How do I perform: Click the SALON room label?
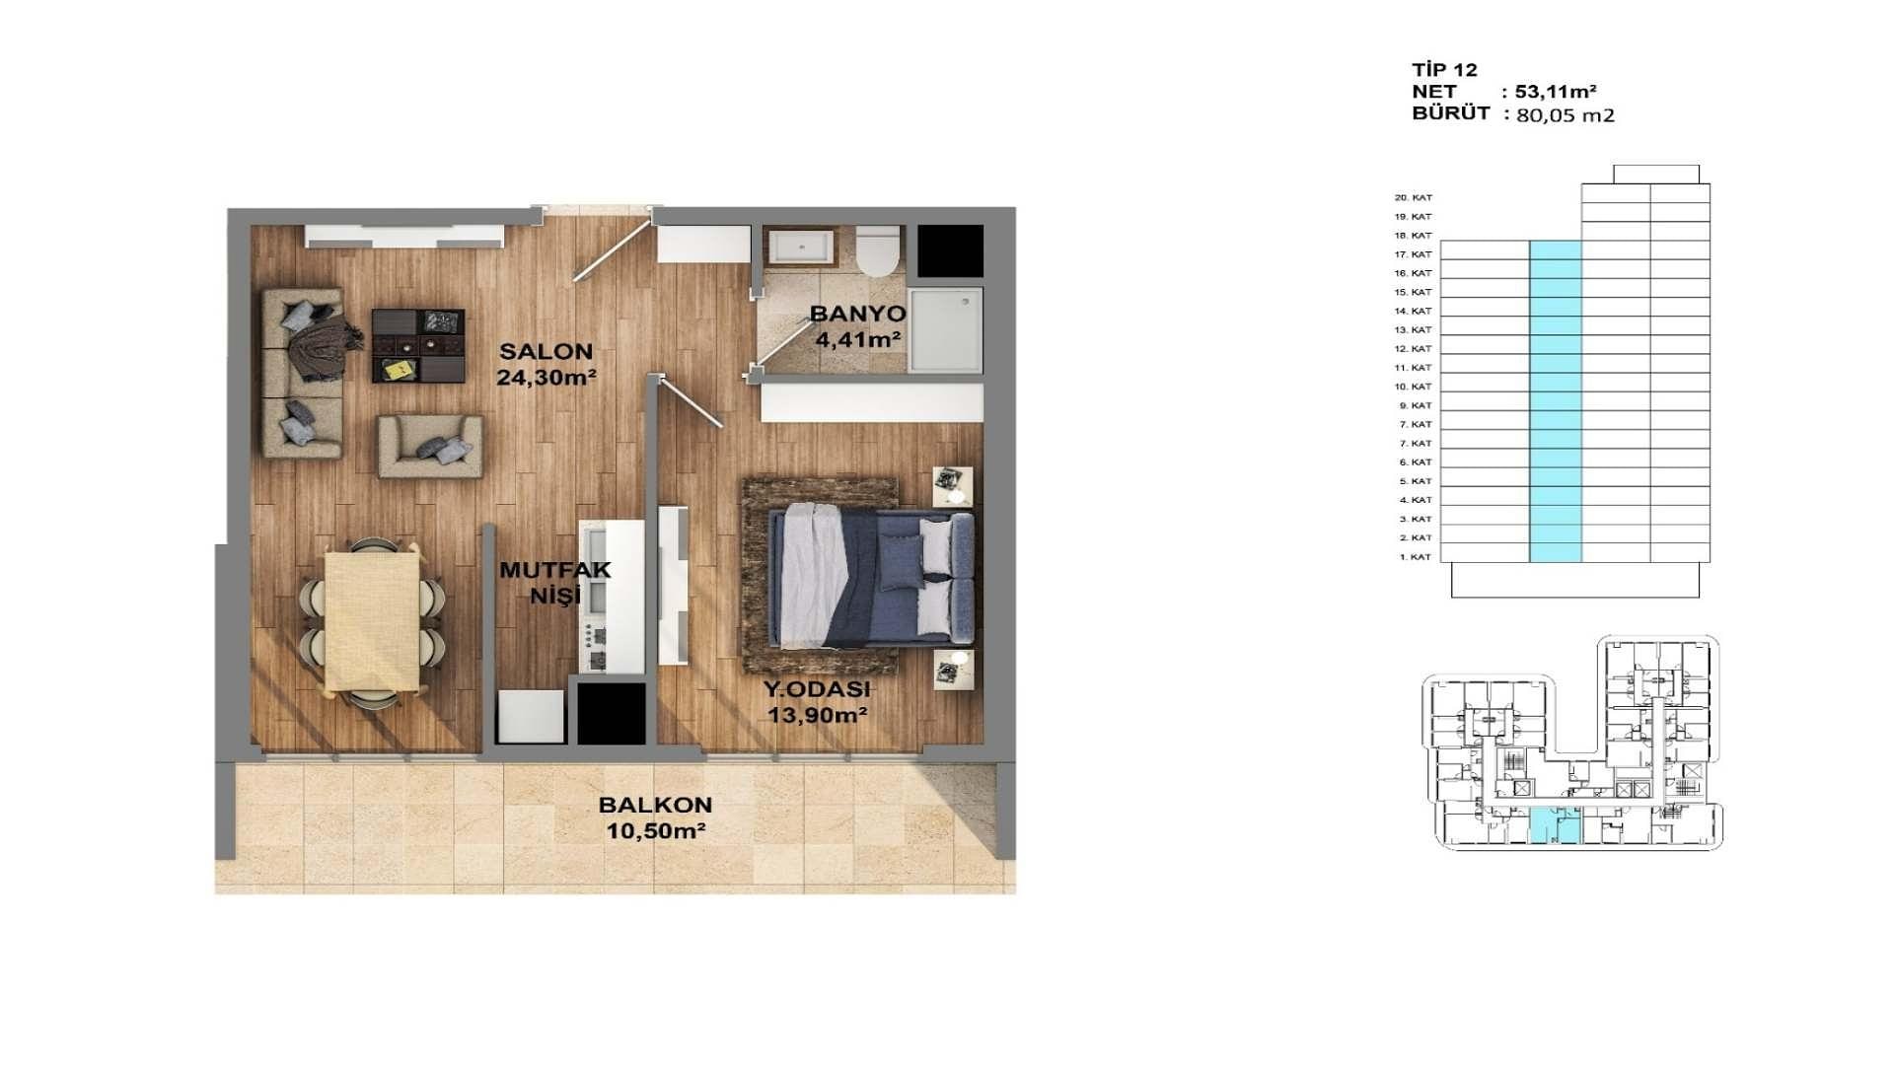point(546,351)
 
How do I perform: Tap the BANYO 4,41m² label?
point(857,326)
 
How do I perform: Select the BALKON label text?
point(655,805)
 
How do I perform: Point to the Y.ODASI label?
point(817,690)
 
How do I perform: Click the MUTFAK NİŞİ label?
point(554,583)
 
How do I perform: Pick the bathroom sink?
point(800,246)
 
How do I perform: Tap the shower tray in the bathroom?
point(945,330)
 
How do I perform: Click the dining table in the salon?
point(374,620)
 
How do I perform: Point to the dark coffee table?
point(418,345)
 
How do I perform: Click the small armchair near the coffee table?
point(430,446)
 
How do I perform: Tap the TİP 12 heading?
point(1444,70)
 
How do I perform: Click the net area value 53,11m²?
point(1556,92)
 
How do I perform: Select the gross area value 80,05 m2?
point(1565,115)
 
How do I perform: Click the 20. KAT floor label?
point(1413,198)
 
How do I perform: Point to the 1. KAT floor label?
point(1415,557)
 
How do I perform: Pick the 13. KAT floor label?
point(1413,330)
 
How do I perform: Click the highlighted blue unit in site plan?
point(1555,824)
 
